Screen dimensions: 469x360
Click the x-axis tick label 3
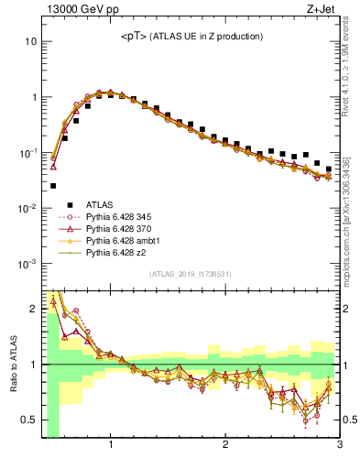[339, 446]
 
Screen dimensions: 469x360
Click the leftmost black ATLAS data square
[53, 186]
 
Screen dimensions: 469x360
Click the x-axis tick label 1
[111, 446]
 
